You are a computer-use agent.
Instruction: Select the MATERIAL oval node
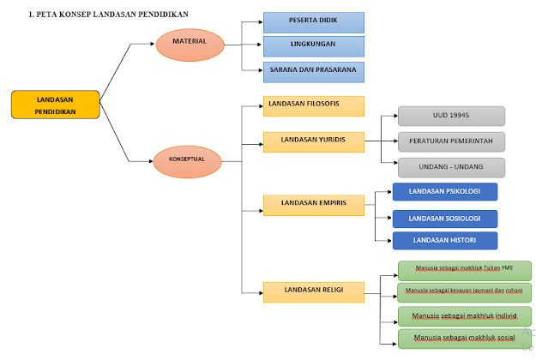pyautogui.click(x=190, y=42)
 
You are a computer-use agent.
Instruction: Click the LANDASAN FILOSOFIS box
pyautogui.click(x=314, y=105)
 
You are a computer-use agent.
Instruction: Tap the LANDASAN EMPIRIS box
pyautogui.click(x=314, y=205)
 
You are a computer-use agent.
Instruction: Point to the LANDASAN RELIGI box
pyautogui.click(x=314, y=291)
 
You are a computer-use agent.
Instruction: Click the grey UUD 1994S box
pyautogui.click(x=451, y=116)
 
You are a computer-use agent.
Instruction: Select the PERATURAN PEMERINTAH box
pyautogui.click(x=451, y=141)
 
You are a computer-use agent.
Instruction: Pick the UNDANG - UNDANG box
pyautogui.click(x=451, y=167)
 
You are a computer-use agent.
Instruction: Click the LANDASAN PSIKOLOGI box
pyautogui.click(x=444, y=192)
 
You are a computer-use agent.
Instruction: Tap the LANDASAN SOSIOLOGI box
pyautogui.click(x=444, y=218)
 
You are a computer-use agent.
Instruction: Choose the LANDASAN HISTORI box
pyautogui.click(x=444, y=241)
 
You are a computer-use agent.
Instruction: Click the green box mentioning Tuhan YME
pyautogui.click(x=464, y=270)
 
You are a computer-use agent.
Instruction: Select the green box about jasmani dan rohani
pyautogui.click(x=464, y=292)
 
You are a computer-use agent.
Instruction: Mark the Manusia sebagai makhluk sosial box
pyautogui.click(x=464, y=339)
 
